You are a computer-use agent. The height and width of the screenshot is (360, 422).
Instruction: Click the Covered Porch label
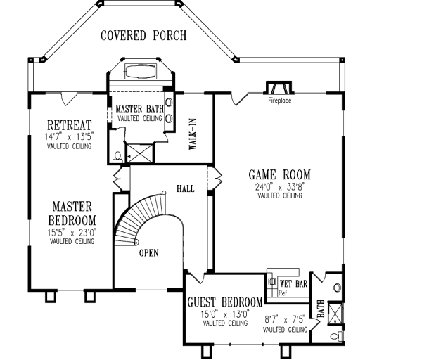point(143,35)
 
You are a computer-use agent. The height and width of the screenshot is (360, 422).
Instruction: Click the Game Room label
point(280,175)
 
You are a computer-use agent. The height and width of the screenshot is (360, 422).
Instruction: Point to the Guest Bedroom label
point(224,302)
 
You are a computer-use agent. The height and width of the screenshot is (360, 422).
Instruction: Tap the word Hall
point(186,189)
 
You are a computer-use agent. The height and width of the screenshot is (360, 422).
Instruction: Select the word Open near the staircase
point(149,252)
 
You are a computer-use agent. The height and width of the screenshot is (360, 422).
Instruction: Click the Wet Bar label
point(289,283)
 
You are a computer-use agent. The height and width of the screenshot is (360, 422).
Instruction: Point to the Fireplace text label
point(279,101)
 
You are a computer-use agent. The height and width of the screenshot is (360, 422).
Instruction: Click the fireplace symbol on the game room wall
point(276,88)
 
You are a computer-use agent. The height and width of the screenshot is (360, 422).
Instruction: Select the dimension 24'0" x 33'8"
point(280,188)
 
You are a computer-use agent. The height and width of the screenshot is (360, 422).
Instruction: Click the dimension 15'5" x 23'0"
point(72,233)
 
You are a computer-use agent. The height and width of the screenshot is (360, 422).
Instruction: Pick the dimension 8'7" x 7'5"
point(286,319)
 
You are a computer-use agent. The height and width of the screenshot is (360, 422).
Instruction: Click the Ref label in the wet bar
point(282,292)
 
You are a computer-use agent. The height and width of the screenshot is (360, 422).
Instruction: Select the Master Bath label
point(139,110)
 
